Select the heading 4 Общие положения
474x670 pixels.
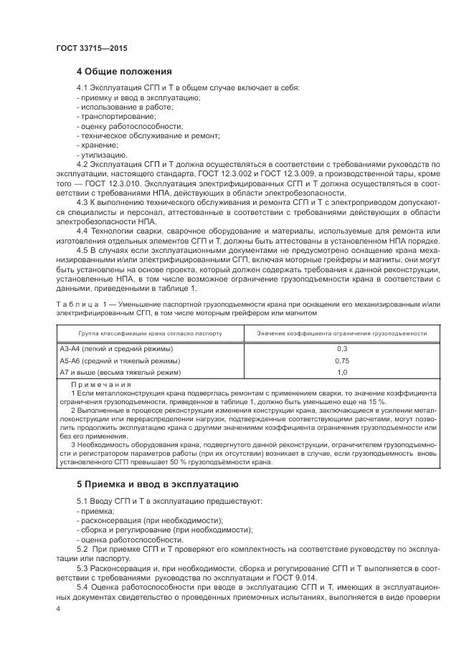(124, 72)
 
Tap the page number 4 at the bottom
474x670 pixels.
(57, 609)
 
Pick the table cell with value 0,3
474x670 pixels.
(341, 348)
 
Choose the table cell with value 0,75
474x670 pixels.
(341, 360)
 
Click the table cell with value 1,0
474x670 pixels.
(341, 373)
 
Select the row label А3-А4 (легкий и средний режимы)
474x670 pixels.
(116, 348)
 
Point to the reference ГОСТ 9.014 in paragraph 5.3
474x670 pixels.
(305, 578)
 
